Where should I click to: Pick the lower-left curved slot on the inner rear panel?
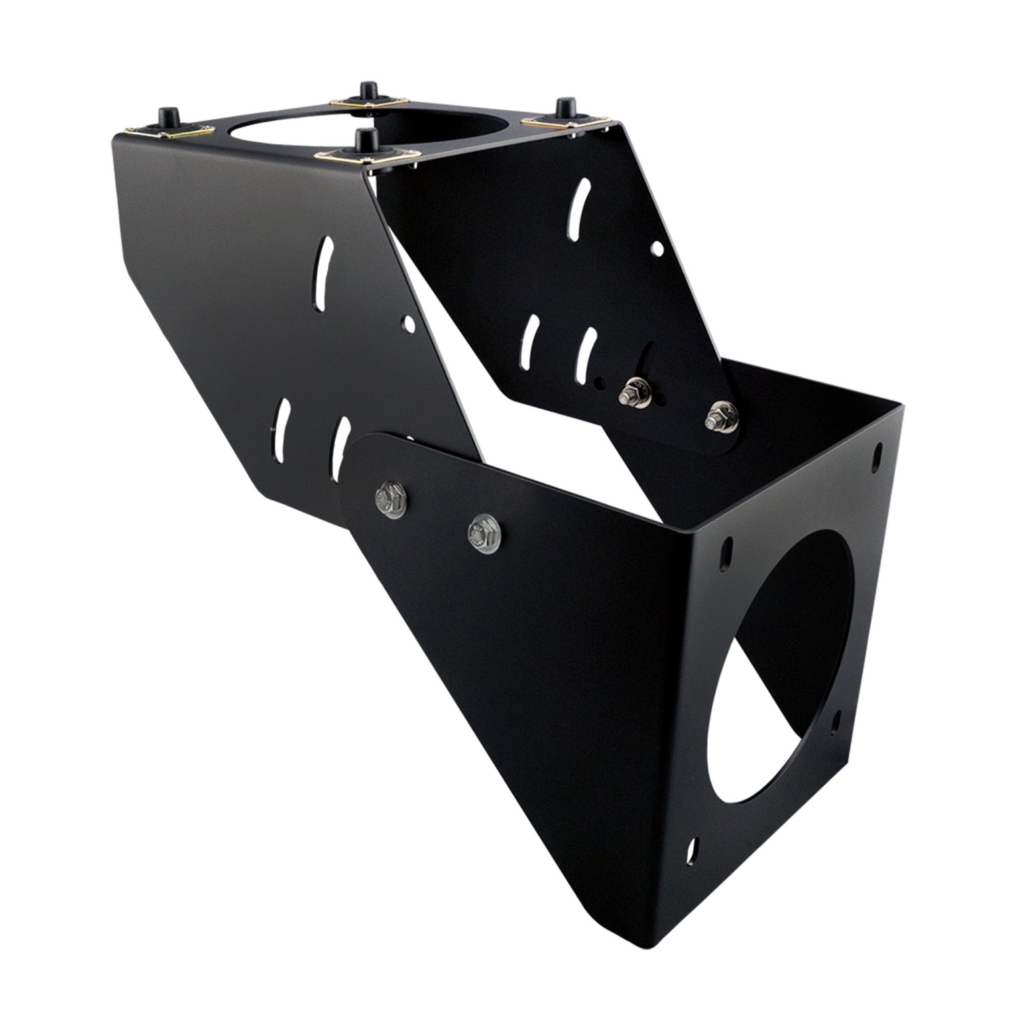click(x=532, y=338)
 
